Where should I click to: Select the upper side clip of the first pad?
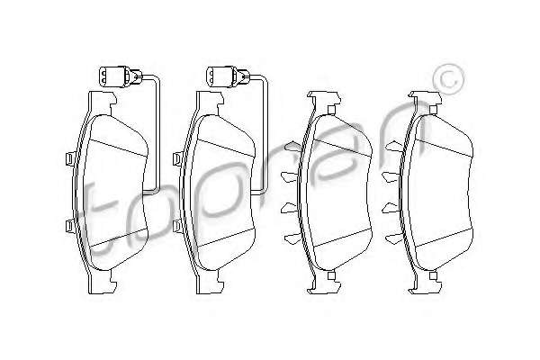tap(70, 158)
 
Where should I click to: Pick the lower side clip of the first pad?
tap(70, 226)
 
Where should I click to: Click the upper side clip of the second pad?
tap(177, 158)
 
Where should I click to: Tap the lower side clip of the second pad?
tap(177, 226)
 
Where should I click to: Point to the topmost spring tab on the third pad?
tap(293, 147)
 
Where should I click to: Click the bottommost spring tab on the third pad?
tap(293, 238)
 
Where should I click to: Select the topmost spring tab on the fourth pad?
tap(394, 147)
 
